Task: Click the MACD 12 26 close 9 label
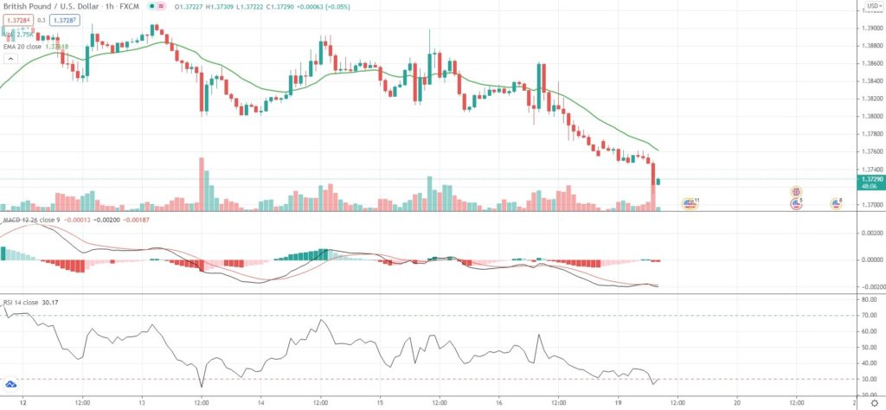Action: [34, 221]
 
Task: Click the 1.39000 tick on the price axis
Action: [870, 28]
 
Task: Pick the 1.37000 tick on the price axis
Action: [870, 205]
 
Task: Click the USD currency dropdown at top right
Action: [871, 6]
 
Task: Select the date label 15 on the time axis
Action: [379, 402]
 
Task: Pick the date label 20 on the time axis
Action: [736, 402]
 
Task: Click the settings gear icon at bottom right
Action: [873, 402]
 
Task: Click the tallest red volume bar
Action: [202, 183]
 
